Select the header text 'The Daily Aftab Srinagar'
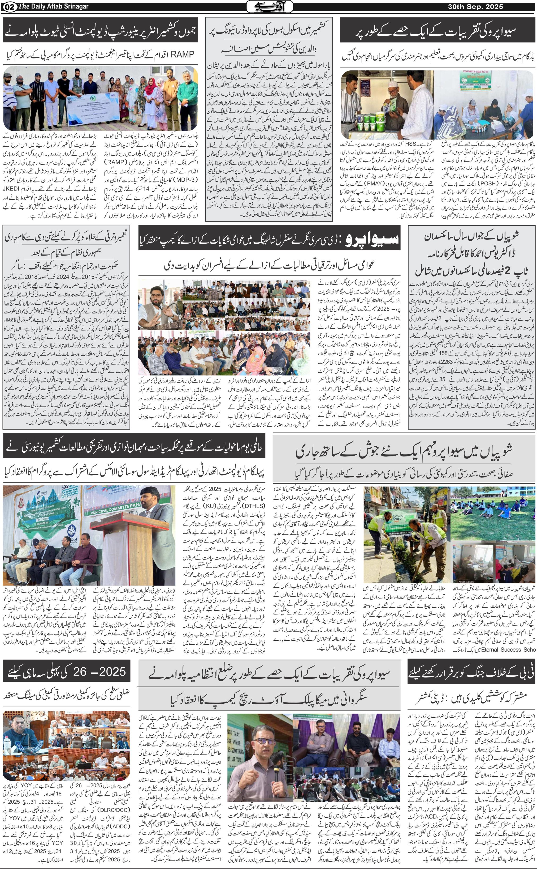(x=53, y=6)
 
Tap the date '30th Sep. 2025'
(x=475, y=6)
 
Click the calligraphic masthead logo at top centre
(x=270, y=6)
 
